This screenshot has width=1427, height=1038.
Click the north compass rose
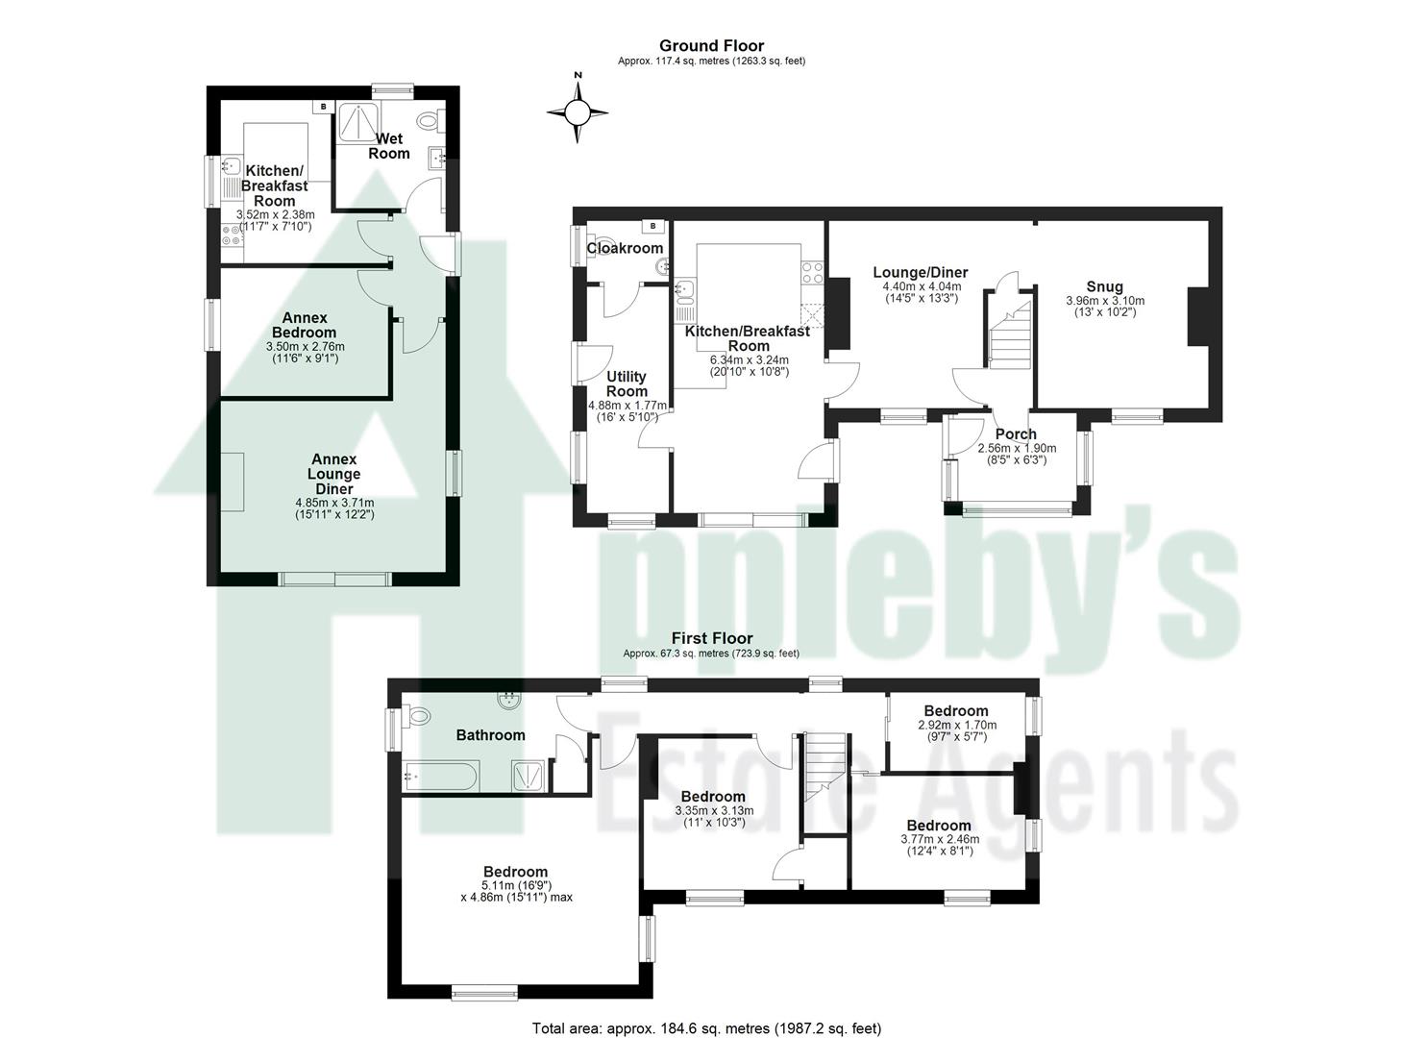577,112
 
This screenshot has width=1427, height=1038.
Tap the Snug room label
1104,286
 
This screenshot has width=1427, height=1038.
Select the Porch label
1016,434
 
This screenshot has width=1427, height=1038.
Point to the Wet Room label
389,146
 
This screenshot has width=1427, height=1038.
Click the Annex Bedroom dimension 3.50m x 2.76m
305,347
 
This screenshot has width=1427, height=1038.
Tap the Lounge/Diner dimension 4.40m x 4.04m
920,286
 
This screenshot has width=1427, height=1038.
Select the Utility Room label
627,383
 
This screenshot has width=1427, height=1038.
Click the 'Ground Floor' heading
711,45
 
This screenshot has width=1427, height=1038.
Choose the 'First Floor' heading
711,638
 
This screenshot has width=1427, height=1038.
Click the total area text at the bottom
706,1028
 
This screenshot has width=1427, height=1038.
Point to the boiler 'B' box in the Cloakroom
653,226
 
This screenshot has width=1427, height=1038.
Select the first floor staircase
824,764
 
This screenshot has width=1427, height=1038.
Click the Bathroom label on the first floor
490,735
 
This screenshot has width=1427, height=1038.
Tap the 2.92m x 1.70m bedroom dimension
957,725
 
